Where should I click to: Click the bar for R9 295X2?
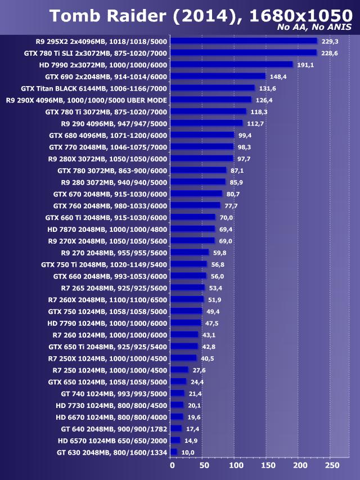[244, 41]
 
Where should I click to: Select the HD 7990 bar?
[232, 65]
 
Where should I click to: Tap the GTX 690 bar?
[218, 77]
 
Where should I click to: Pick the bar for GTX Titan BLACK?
[213, 88]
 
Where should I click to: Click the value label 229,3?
[330, 41]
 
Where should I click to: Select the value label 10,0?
[188, 452]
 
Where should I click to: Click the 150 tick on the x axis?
[268, 465]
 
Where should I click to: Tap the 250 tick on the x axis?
[333, 465]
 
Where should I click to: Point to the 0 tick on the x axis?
[172, 465]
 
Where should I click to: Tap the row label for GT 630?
[112, 452]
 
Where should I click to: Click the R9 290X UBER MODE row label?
[86, 100]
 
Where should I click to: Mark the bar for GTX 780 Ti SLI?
[244, 53]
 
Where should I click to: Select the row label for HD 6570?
[112, 441]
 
